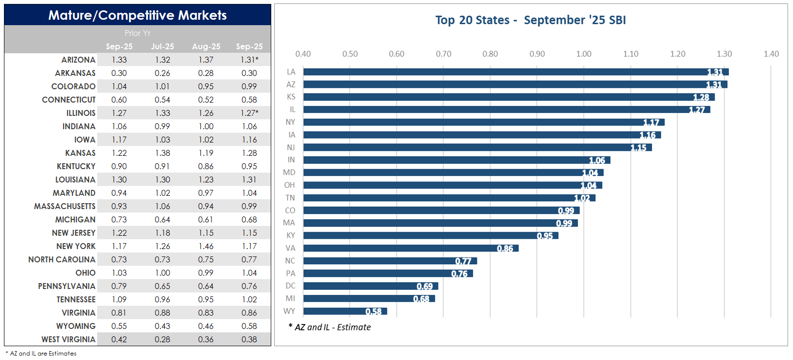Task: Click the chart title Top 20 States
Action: click(x=530, y=20)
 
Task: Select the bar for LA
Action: click(x=515, y=72)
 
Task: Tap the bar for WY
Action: click(x=345, y=311)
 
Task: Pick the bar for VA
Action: click(x=410, y=248)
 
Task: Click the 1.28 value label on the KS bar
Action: click(x=701, y=97)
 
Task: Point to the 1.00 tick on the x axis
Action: click(x=583, y=54)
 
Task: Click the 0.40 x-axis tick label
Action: click(x=303, y=54)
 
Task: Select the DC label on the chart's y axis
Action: click(x=290, y=286)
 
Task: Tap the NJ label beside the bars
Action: click(x=290, y=147)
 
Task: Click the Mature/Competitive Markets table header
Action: click(x=138, y=15)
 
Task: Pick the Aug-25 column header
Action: click(x=206, y=46)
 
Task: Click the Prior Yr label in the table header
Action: click(x=138, y=33)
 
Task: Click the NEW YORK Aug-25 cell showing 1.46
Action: click(x=206, y=246)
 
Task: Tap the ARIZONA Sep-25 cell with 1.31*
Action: click(x=250, y=60)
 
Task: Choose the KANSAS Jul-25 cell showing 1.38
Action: click(x=162, y=153)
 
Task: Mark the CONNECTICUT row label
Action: click(x=69, y=100)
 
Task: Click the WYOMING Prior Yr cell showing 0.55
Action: click(x=119, y=326)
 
